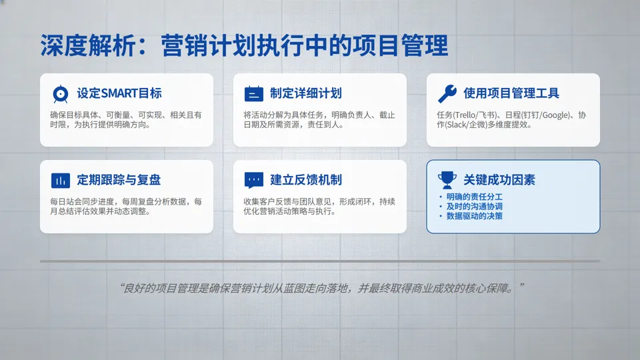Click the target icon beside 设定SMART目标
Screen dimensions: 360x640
point(60,93)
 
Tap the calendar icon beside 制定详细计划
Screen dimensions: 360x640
point(253,93)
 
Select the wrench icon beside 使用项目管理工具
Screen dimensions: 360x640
point(447,93)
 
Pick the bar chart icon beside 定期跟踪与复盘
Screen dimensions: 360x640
point(60,180)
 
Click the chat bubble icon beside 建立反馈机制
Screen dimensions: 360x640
point(253,180)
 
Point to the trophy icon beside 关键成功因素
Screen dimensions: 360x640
point(447,180)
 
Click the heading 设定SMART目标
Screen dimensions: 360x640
point(119,93)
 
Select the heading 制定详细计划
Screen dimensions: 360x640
point(306,93)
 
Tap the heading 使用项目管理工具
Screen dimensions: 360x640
point(511,93)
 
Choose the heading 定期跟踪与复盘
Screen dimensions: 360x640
point(119,180)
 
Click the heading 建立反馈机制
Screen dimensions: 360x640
point(306,180)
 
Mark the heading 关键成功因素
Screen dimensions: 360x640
point(499,180)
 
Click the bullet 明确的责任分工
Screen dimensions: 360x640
point(475,197)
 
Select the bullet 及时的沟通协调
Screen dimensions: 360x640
point(475,207)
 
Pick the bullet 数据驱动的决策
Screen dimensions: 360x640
point(475,216)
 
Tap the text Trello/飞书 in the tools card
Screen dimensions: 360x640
point(474,115)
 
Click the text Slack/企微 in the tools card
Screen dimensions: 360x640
point(467,125)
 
